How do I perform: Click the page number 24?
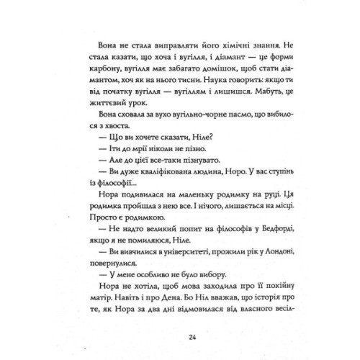tap(181, 336)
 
